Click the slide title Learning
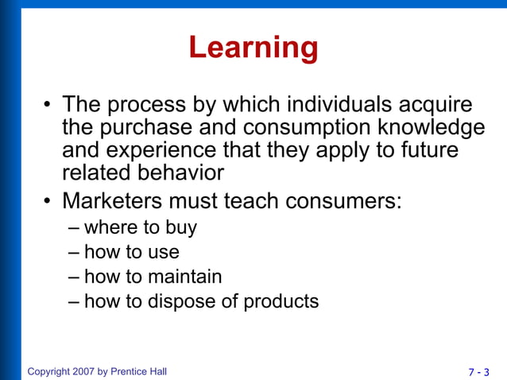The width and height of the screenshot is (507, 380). point(253,48)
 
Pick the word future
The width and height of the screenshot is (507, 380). point(432,149)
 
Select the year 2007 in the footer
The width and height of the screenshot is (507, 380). point(83,371)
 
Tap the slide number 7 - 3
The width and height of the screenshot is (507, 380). point(478,371)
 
